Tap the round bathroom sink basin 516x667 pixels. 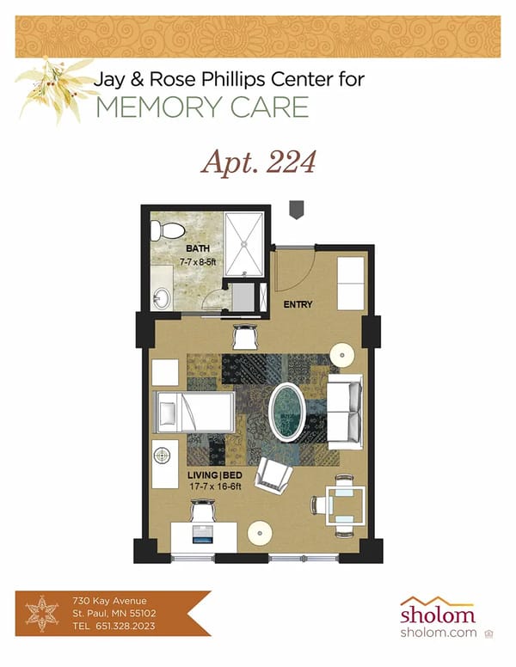coord(161,299)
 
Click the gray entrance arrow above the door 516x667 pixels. coord(296,209)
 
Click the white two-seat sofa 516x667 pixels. coord(346,407)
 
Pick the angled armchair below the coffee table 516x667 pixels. coord(275,474)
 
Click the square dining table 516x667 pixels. coord(343,506)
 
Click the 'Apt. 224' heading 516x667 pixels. coord(258,161)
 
